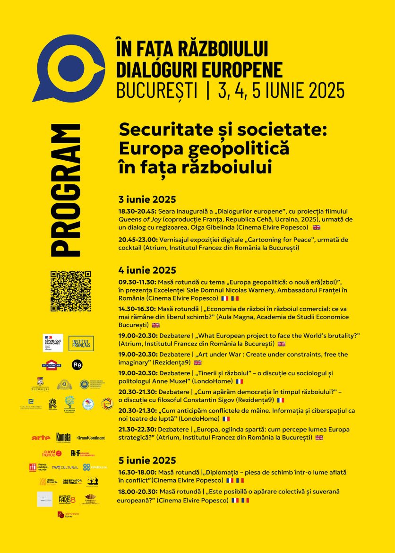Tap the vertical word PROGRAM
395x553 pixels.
pyautogui.click(x=64, y=191)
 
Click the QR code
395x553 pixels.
pyautogui.click(x=70, y=291)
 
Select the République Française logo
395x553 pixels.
pyautogui.click(x=52, y=343)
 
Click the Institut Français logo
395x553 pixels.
pyautogui.click(x=81, y=343)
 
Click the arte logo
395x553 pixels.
pyautogui.click(x=41, y=438)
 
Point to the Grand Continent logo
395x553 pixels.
pyautogui.click(x=91, y=438)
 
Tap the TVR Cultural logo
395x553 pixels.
pyautogui.click(x=65, y=467)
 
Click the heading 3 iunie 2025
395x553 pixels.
pyautogui.click(x=147, y=199)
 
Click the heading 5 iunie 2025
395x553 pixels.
pyautogui.click(x=147, y=460)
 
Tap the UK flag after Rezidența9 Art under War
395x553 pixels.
pyautogui.click(x=197, y=363)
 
